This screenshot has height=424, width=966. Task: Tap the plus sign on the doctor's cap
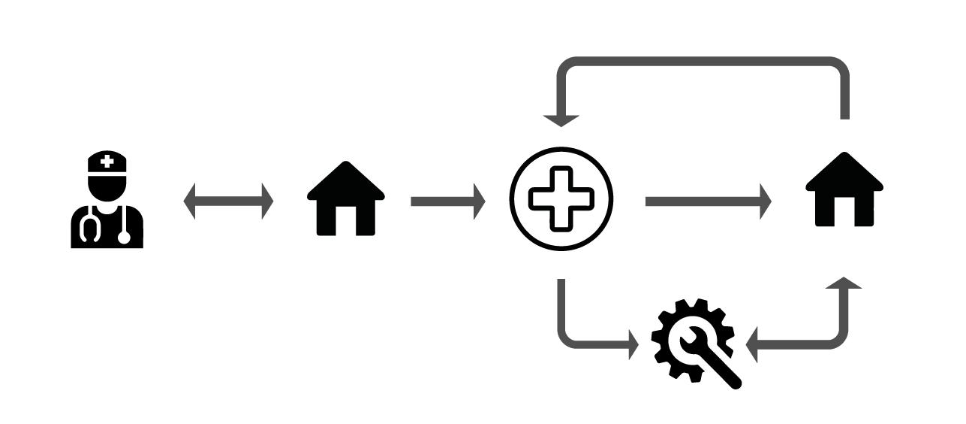coord(107,160)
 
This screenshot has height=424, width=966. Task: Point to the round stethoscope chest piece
coord(124,238)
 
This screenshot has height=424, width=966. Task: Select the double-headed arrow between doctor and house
coord(228,201)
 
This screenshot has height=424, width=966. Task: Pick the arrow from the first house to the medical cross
coord(447,201)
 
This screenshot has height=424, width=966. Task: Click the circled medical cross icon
coord(561,198)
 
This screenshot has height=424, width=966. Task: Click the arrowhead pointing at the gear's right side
coord(753,347)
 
